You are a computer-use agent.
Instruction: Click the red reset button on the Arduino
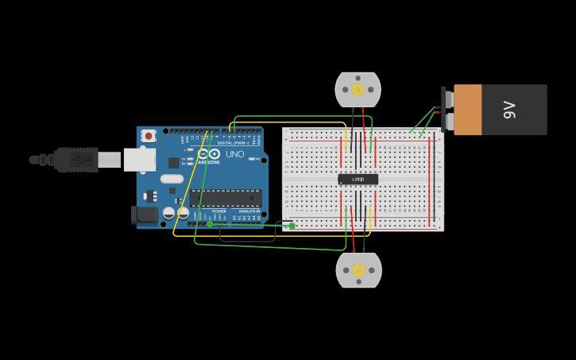click(x=149, y=136)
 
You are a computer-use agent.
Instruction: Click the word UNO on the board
click(x=235, y=154)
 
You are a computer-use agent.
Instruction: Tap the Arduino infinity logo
click(x=209, y=153)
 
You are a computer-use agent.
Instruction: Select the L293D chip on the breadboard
click(x=358, y=180)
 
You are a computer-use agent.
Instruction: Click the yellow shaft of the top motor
click(x=358, y=90)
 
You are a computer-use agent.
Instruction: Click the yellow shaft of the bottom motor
click(x=358, y=269)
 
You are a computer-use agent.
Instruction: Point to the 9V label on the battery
click(x=509, y=110)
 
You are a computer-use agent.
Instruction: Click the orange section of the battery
click(x=468, y=110)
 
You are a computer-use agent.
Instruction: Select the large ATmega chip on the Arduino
click(x=226, y=198)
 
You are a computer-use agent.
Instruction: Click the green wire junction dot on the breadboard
click(x=292, y=226)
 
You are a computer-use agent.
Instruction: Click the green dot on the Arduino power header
click(x=210, y=224)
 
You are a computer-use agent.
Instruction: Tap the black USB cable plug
click(x=76, y=160)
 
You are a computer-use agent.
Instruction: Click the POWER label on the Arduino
click(x=219, y=211)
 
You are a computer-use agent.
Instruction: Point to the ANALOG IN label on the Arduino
click(x=249, y=211)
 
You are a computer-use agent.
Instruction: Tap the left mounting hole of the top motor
click(x=345, y=90)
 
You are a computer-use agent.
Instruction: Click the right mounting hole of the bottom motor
click(x=371, y=270)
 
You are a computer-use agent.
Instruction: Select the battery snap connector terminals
click(x=447, y=110)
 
